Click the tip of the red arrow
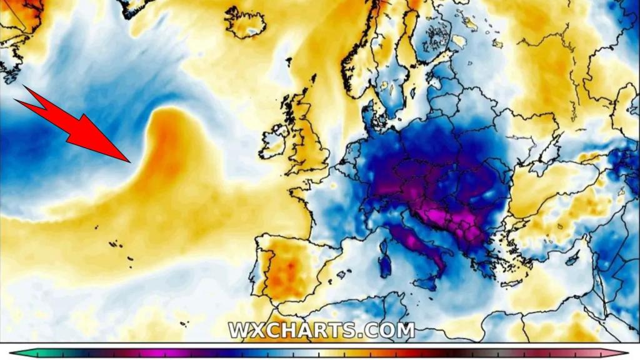[x=130, y=161]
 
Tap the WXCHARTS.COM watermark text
[x=321, y=330]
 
